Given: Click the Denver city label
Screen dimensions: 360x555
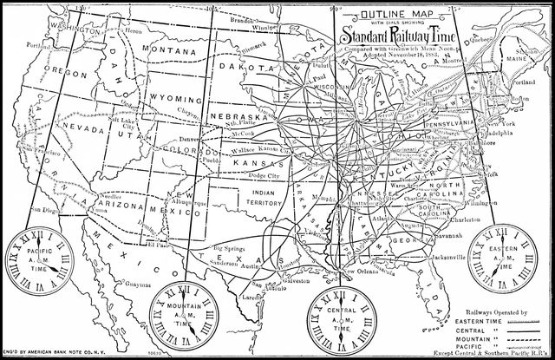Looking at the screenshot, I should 190,139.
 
